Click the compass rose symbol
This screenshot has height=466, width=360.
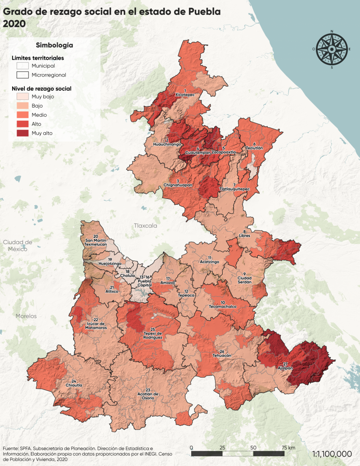pos(332,49)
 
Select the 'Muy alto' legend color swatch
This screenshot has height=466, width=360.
pos(22,133)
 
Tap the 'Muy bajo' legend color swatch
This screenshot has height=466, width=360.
pos(22,97)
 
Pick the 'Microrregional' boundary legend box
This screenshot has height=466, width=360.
pos(22,75)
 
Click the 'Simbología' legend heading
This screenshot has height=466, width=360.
pos(54,45)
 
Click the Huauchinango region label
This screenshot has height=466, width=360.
pos(167,144)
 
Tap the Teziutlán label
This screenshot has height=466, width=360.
pos(254,148)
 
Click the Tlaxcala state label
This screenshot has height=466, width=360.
pos(145,226)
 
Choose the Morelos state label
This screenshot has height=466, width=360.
pos(26,316)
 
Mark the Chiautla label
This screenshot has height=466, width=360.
pos(73,385)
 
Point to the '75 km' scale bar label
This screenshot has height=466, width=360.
pos(288,448)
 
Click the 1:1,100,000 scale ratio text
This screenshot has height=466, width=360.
pos(332,454)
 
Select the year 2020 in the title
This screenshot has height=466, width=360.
pos(15,24)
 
